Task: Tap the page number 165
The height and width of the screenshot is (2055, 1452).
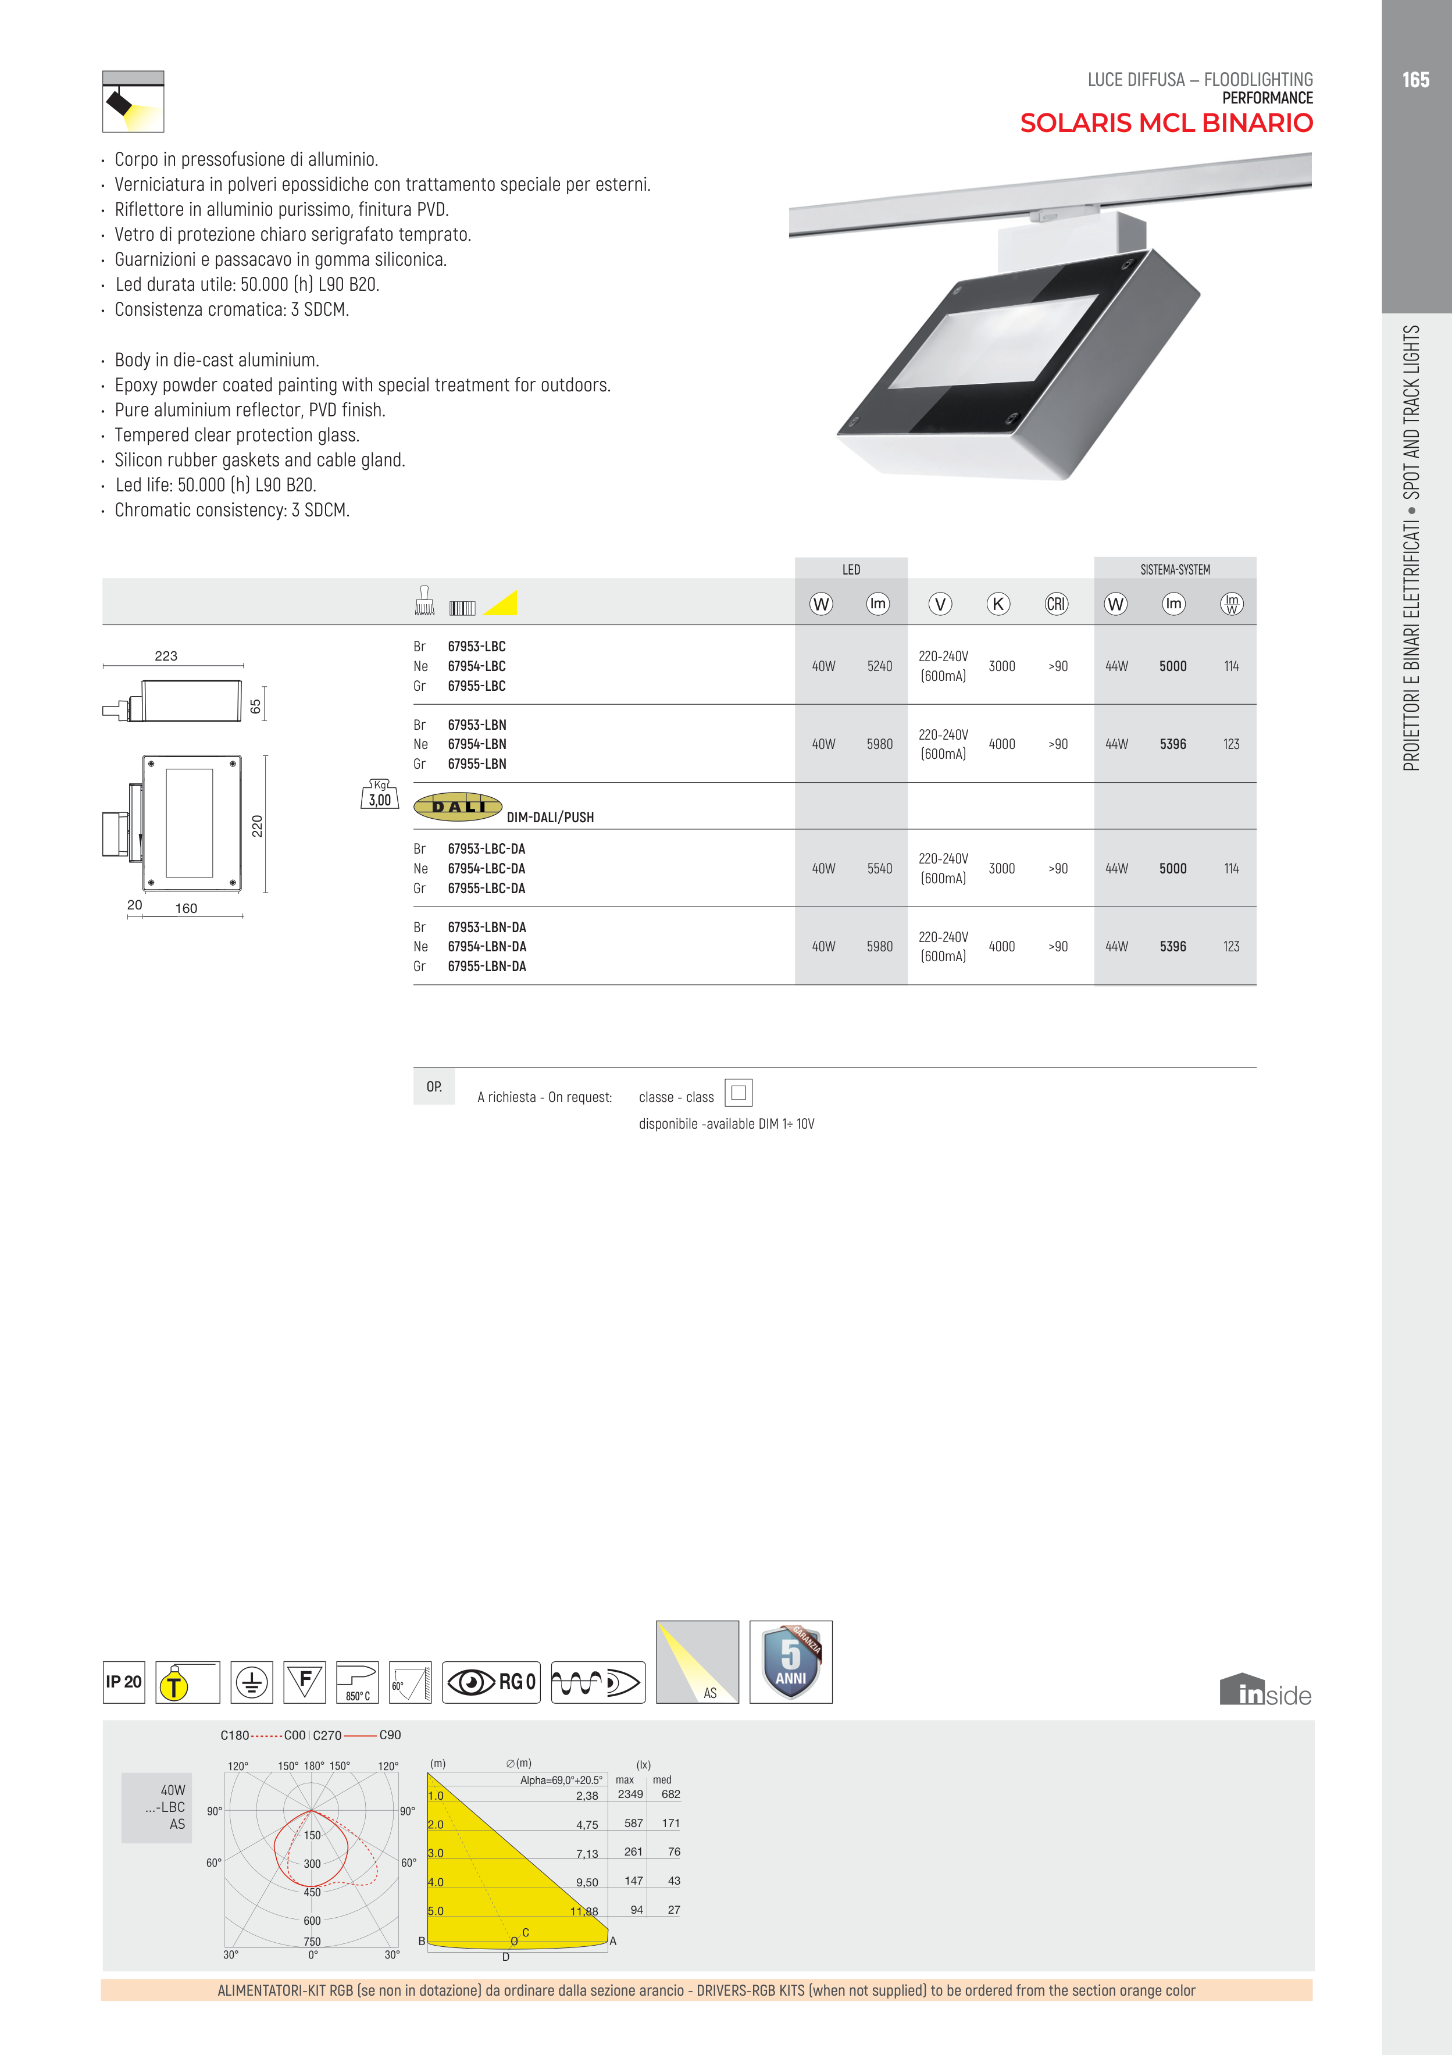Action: (x=1415, y=80)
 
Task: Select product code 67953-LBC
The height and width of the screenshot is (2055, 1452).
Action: (x=476, y=646)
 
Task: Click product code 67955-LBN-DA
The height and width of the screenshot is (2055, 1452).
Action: (x=487, y=966)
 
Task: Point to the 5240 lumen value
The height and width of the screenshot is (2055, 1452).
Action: (x=879, y=666)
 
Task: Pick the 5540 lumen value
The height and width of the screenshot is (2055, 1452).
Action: (x=879, y=868)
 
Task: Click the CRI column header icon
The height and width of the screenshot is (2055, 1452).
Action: (x=1057, y=604)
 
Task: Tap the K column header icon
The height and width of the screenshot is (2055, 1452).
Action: (x=998, y=604)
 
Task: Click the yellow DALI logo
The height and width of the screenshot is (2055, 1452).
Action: (x=458, y=807)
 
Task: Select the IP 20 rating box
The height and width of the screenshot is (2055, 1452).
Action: (x=123, y=1682)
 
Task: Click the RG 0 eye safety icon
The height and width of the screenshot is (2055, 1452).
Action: (x=491, y=1682)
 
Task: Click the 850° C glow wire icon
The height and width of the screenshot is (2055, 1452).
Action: (x=357, y=1682)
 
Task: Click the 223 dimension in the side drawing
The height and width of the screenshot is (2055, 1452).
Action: (x=166, y=656)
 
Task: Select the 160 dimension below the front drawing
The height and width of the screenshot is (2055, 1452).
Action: (x=186, y=908)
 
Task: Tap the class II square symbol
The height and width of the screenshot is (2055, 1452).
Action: (x=739, y=1093)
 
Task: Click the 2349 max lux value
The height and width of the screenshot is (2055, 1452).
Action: (x=630, y=1794)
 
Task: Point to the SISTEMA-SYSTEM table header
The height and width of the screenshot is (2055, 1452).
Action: (x=1175, y=569)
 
